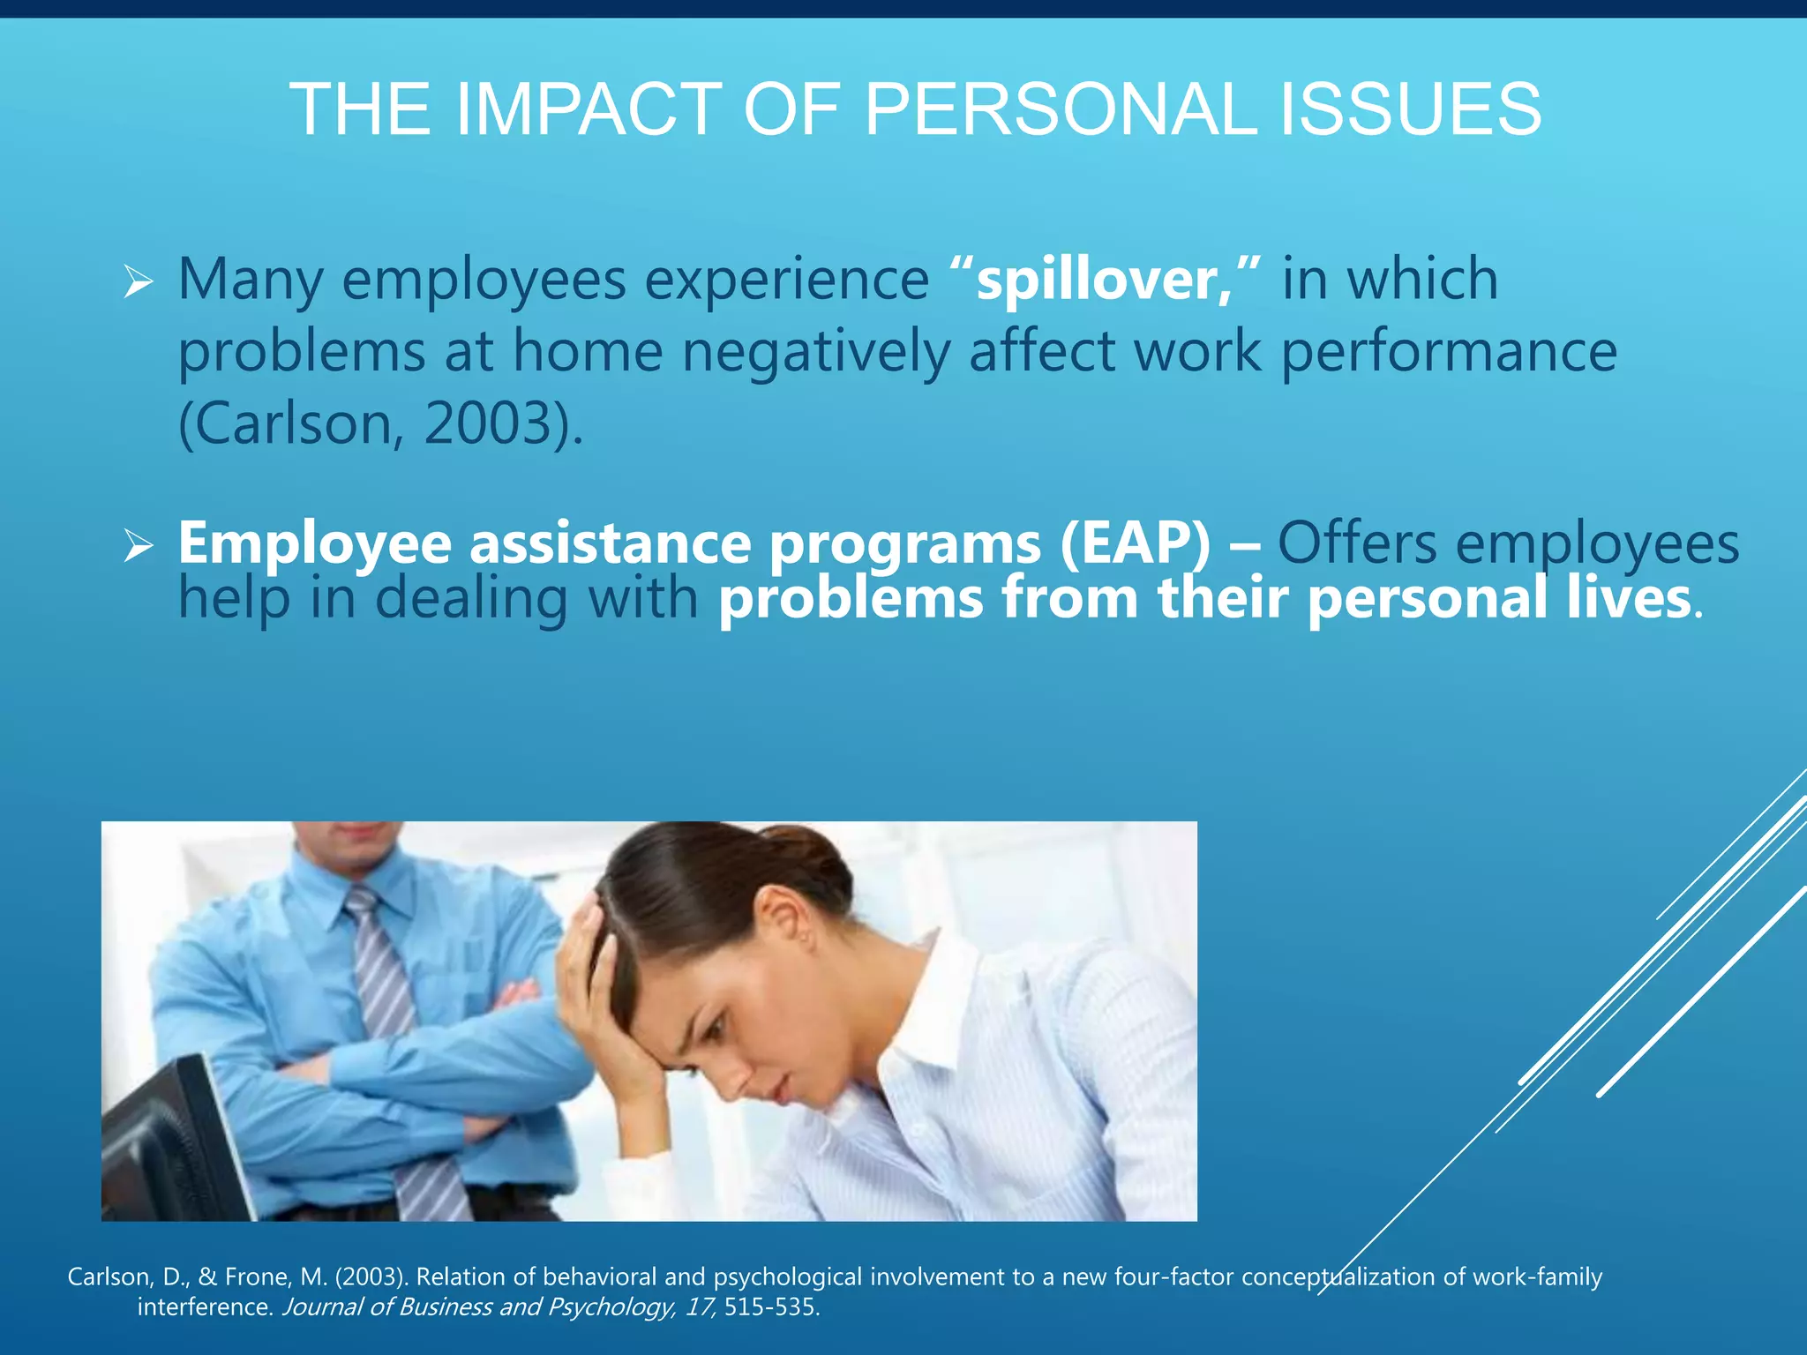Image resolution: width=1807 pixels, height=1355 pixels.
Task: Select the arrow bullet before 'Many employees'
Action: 139,282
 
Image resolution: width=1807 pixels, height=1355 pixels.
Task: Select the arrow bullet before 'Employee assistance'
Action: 139,545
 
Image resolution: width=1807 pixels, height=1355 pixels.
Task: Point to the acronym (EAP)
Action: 1136,543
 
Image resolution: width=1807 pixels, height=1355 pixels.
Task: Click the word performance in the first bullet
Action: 1448,352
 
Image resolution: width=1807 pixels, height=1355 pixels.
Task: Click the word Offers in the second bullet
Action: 1357,543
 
